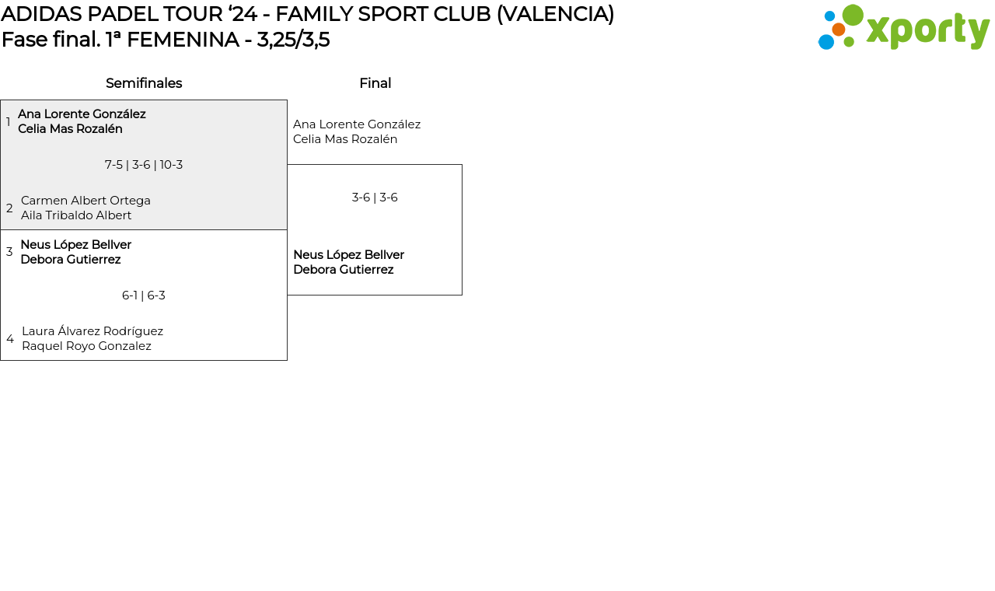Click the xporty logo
(x=903, y=28)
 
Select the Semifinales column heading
(x=144, y=83)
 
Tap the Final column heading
(x=375, y=83)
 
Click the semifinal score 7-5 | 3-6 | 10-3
(x=144, y=165)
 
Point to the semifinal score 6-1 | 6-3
(x=144, y=295)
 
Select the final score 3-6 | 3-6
(x=375, y=198)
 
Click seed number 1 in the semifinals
(x=9, y=122)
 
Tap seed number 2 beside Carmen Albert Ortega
(x=9, y=208)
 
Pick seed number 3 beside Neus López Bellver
(x=9, y=252)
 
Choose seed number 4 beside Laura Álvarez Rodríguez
(x=10, y=339)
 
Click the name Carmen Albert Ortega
(x=86, y=201)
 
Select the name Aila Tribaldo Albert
(x=76, y=215)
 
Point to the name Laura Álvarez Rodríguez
(x=93, y=331)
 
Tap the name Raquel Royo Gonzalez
(x=86, y=346)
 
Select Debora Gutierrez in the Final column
(x=343, y=270)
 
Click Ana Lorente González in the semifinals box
(x=82, y=114)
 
